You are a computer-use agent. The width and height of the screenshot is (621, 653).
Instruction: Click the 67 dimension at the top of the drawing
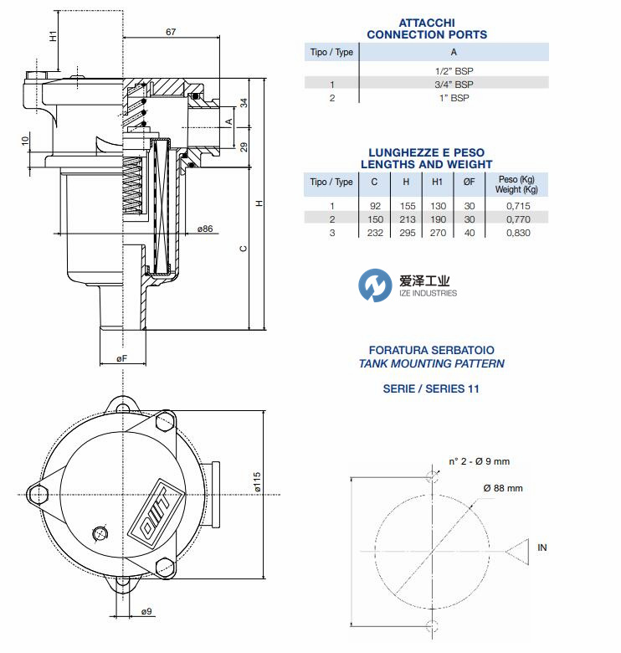(x=171, y=32)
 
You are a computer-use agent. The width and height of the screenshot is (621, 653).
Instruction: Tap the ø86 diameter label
(x=205, y=229)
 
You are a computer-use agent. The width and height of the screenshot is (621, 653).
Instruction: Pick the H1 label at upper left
(x=53, y=37)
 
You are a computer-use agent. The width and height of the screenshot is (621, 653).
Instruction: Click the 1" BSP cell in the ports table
(x=454, y=98)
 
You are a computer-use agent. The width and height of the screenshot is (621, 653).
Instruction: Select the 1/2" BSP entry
(x=454, y=71)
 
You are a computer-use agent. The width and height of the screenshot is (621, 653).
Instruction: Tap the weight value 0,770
(x=517, y=219)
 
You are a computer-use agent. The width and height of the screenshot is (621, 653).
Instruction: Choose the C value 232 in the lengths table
(x=375, y=233)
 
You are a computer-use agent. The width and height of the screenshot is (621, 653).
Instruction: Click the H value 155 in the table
(x=406, y=205)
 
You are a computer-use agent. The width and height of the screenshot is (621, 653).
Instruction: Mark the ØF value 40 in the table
(x=470, y=233)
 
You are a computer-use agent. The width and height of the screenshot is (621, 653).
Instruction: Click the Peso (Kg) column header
(x=516, y=179)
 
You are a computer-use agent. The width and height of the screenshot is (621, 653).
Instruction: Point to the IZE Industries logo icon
(x=376, y=286)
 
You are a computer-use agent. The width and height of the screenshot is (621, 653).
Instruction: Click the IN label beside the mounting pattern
(x=542, y=548)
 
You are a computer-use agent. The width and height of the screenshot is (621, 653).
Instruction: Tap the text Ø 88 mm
(x=502, y=488)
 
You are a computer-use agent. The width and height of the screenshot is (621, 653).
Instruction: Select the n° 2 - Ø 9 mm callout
(x=479, y=461)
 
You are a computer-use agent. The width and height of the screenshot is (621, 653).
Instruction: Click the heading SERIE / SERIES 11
(x=430, y=388)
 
